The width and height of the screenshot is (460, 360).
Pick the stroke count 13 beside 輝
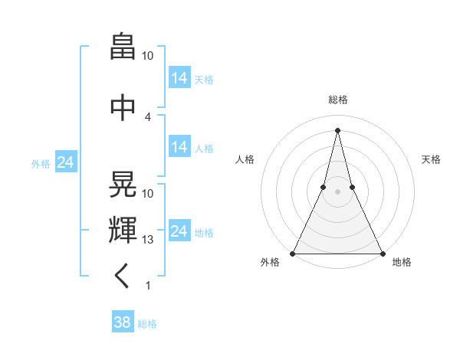(148, 240)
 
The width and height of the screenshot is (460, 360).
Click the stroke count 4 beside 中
(148, 117)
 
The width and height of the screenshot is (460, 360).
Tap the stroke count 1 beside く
(148, 286)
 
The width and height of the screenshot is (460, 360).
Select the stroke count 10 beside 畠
(148, 56)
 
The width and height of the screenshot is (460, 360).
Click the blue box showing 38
(123, 322)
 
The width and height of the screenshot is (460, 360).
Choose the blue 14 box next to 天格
(179, 77)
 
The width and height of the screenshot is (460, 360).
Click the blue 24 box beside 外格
(66, 162)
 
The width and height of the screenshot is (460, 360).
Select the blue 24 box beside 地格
(179, 231)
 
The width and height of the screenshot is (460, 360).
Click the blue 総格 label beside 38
(147, 324)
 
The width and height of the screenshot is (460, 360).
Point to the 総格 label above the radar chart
(337, 100)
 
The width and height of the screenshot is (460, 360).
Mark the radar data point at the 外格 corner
(293, 253)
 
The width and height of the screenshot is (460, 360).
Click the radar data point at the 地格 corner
(382, 253)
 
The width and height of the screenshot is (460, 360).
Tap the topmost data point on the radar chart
(337, 129)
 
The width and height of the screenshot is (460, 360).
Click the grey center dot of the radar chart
(337, 192)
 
